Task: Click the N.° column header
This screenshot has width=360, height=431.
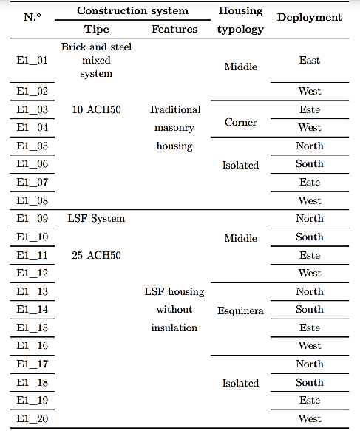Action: pos(32,17)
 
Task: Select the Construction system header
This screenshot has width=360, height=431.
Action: pos(133,10)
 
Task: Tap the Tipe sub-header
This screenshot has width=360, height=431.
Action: pos(96,29)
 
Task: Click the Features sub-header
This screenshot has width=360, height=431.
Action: pos(174,29)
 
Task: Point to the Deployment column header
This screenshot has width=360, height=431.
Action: pos(310,17)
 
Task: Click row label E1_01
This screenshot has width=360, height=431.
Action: pos(32,60)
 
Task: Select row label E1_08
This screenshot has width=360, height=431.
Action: pos(32,200)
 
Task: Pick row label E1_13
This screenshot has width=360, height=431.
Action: pos(32,291)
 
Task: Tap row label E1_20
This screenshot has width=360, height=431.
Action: pos(32,418)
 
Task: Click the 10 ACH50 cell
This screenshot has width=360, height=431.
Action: pos(96,109)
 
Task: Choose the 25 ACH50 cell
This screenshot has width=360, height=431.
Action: pos(96,255)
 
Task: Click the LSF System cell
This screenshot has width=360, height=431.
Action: pos(96,219)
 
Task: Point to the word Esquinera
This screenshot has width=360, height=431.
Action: pos(240,311)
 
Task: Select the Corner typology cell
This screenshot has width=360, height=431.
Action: pos(240,122)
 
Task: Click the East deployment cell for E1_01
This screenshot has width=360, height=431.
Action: pos(310,60)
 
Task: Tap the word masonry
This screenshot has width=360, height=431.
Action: pos(174,128)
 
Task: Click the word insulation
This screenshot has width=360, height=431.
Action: pos(174,328)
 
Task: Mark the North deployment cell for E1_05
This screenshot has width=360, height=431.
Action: pos(310,146)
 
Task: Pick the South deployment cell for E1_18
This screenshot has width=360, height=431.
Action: pos(310,382)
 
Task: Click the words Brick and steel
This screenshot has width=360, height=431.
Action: pos(96,47)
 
